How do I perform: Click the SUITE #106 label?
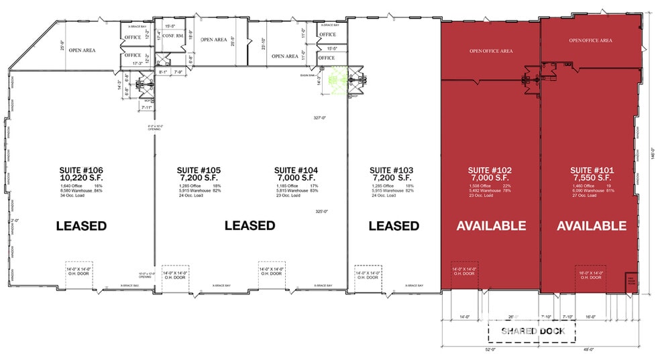coord(80,170)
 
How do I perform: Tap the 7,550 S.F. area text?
coord(590,178)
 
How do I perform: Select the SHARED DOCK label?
coord(532,331)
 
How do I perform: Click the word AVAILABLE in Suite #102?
coord(491,226)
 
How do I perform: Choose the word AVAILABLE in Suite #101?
coord(591,226)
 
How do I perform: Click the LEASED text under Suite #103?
coord(394,226)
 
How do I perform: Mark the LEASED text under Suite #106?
coord(81,226)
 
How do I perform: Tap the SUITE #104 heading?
coord(296,170)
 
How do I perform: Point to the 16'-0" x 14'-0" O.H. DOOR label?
coord(591,275)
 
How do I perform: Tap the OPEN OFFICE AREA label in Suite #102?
coord(491,51)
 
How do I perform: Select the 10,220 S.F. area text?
coord(81,178)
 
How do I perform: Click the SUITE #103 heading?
coord(392,170)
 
